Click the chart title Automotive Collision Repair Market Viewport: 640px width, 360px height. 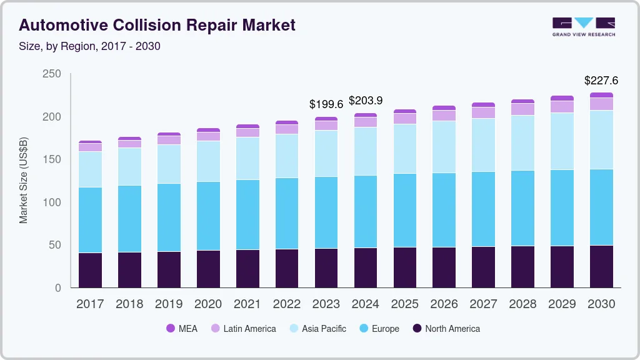click(157, 25)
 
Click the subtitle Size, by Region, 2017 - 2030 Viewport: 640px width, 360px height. click(90, 46)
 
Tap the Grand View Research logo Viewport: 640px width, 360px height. click(583, 26)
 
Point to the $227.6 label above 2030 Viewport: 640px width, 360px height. click(601, 81)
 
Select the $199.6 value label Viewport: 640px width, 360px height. click(326, 104)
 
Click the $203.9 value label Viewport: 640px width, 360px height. click(366, 101)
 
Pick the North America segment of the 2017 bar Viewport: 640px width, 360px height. click(90, 270)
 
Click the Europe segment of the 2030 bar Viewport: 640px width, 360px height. click(601, 207)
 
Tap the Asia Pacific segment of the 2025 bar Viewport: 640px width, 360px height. click(405, 149)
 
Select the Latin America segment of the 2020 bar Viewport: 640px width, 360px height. click(208, 136)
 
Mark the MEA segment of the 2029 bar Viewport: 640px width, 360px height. click(562, 98)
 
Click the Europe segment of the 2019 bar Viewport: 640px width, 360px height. click(169, 217)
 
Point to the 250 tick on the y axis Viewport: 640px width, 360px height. click(52, 74)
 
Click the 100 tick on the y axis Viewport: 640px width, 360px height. click(52, 202)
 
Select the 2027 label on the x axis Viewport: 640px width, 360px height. click(483, 304)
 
